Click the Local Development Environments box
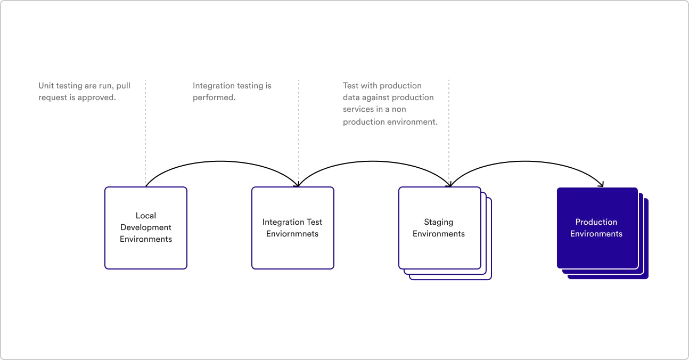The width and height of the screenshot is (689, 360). coord(146,250)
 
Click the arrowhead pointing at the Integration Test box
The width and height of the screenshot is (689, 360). coord(297,184)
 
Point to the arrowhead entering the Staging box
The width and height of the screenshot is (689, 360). coord(450,184)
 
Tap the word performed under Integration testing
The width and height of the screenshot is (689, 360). coord(214,97)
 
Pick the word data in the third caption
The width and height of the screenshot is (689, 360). coord(351,97)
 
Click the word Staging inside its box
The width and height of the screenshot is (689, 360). coord(439,222)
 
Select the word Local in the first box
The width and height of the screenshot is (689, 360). coord(146,216)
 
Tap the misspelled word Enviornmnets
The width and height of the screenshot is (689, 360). coord(292,234)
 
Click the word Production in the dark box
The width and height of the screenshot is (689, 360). coord(596,222)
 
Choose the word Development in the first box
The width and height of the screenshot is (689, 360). coord(146,227)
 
